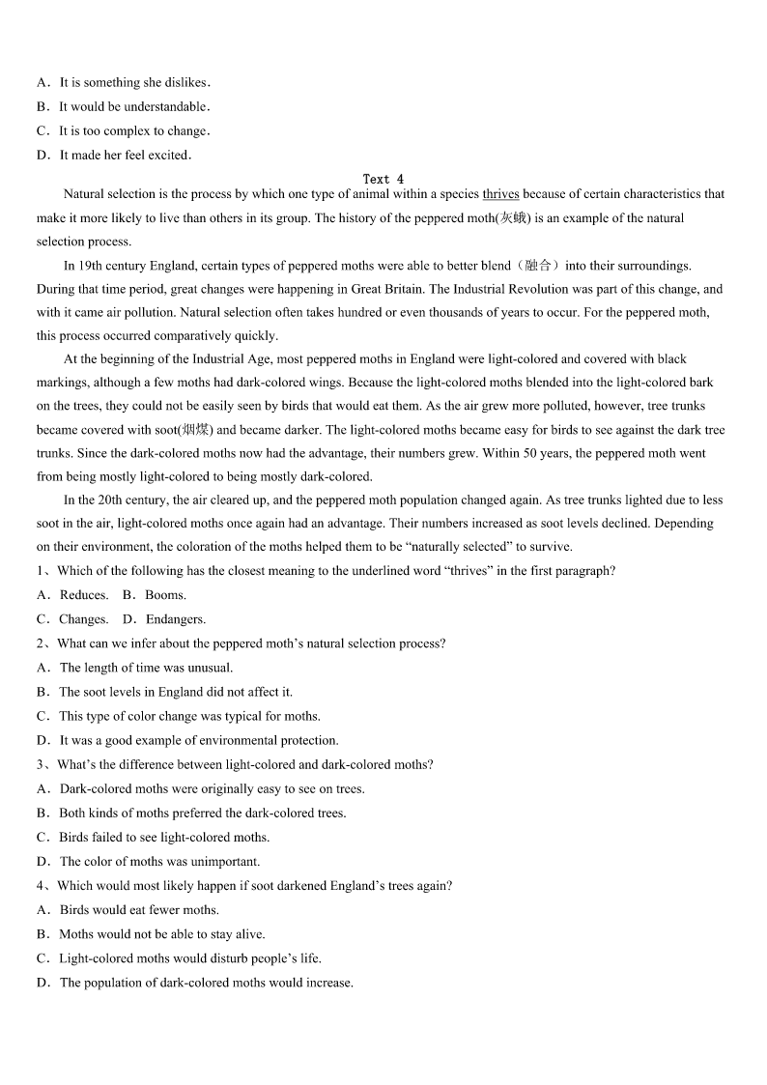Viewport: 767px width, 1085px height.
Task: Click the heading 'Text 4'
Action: (383, 179)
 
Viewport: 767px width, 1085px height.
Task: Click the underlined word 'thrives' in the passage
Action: (500, 194)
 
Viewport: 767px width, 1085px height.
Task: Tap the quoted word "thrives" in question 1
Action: (469, 571)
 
